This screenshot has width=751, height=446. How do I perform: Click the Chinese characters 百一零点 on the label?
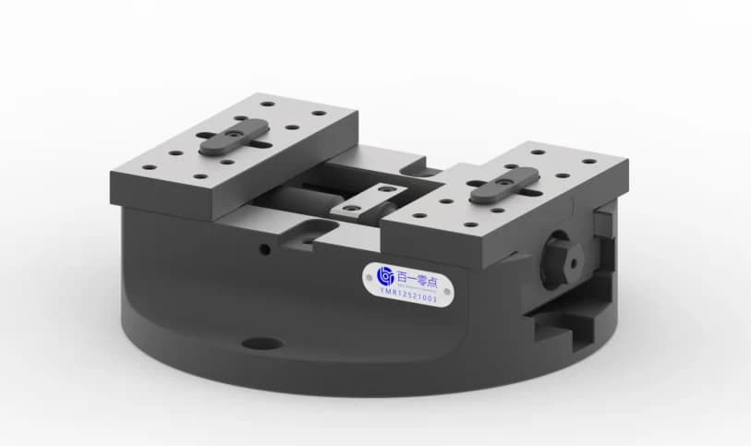(x=418, y=274)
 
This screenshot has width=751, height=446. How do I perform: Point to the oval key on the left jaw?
(x=233, y=137)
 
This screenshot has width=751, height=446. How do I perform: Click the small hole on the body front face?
(x=265, y=247)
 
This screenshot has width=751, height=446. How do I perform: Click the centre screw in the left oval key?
(x=233, y=137)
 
